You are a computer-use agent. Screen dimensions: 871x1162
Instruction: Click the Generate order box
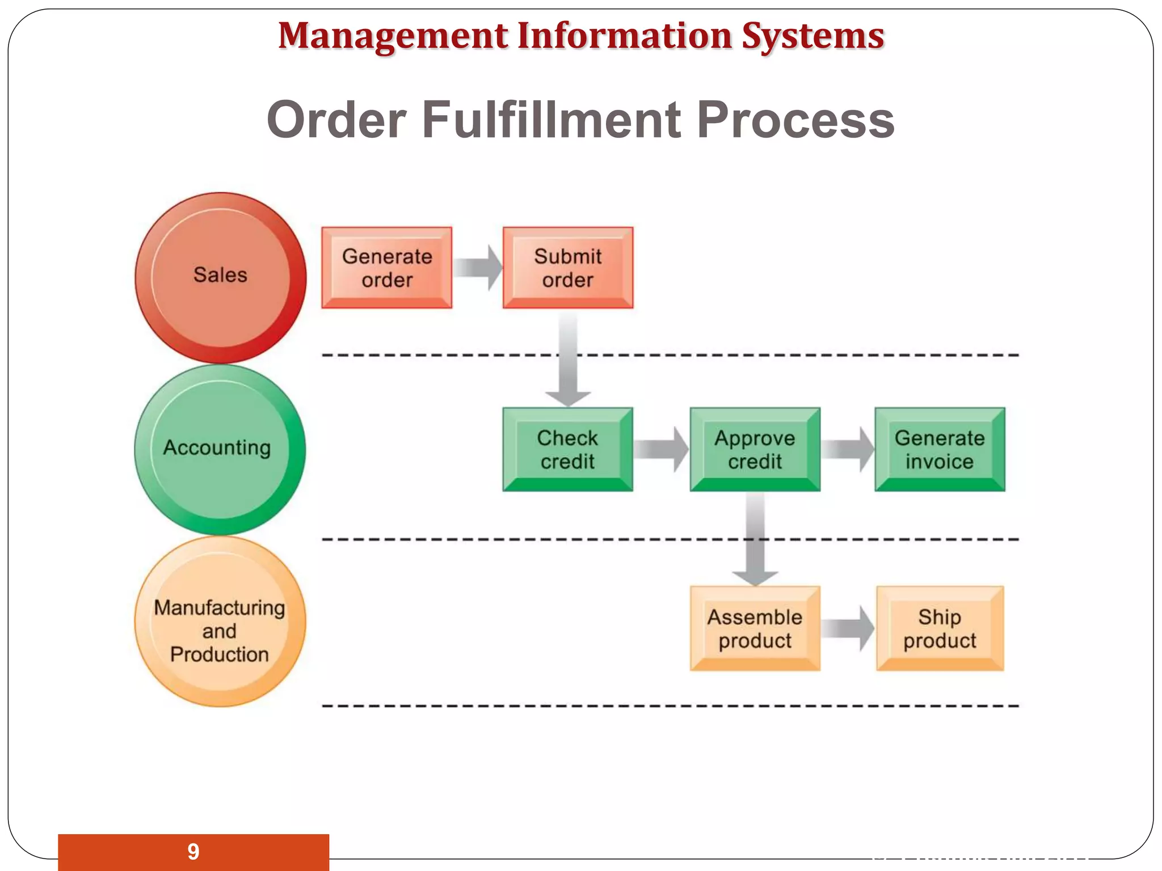pyautogui.click(x=386, y=268)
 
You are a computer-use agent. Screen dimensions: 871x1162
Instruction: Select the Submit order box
pyautogui.click(x=567, y=268)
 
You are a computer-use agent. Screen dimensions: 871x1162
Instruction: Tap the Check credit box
pyautogui.click(x=567, y=449)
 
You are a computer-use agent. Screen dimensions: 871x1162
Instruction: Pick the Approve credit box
pyautogui.click(x=755, y=449)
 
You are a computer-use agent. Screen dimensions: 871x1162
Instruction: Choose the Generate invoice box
pyautogui.click(x=940, y=449)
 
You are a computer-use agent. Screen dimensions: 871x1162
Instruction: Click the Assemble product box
pyautogui.click(x=755, y=628)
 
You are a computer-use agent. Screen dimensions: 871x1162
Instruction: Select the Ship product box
pyautogui.click(x=940, y=628)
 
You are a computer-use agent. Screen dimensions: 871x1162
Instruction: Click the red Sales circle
pyautogui.click(x=220, y=277)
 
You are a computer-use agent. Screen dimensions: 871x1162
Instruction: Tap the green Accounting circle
pyautogui.click(x=220, y=449)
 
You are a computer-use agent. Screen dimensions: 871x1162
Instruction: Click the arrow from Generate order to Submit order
pyautogui.click(x=478, y=268)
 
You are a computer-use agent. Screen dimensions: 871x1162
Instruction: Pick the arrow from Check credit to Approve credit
pyautogui.click(x=661, y=449)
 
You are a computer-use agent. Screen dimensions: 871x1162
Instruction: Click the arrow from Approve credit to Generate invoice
pyautogui.click(x=848, y=449)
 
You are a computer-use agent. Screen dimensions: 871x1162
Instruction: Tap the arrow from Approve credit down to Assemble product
pyautogui.click(x=755, y=539)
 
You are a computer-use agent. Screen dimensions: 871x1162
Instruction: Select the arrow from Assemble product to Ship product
pyautogui.click(x=848, y=628)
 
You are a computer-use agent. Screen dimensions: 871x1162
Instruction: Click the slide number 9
pyautogui.click(x=193, y=852)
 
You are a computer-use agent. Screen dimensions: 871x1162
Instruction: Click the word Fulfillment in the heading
pyautogui.click(x=551, y=120)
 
